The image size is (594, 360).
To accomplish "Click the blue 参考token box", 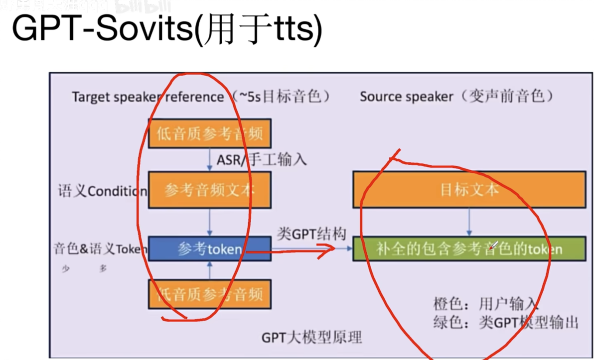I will [x=209, y=249].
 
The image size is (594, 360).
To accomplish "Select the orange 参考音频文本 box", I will [x=209, y=190].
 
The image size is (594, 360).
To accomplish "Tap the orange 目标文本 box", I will [x=469, y=190].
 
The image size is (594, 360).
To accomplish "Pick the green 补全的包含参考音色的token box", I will [x=469, y=249].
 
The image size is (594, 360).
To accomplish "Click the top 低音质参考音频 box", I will [x=209, y=133].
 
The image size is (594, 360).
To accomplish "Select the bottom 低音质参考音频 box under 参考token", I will [x=209, y=294].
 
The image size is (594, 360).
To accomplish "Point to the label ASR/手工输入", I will [x=262, y=159].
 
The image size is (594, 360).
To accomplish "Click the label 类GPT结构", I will [x=311, y=234].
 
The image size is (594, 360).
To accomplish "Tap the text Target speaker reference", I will [x=148, y=97].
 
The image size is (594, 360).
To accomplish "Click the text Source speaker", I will [x=406, y=97].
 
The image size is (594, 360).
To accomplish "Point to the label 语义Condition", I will [x=102, y=191].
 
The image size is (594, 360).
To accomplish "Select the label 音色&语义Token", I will [x=100, y=249].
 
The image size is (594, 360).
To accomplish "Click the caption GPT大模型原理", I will [x=311, y=338].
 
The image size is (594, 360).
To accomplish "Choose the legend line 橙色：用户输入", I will [x=486, y=304].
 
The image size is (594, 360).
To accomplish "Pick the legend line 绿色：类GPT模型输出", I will [x=506, y=323].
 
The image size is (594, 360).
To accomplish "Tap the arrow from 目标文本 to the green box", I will [x=469, y=222].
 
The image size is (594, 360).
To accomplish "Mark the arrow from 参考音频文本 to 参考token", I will [x=210, y=222].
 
